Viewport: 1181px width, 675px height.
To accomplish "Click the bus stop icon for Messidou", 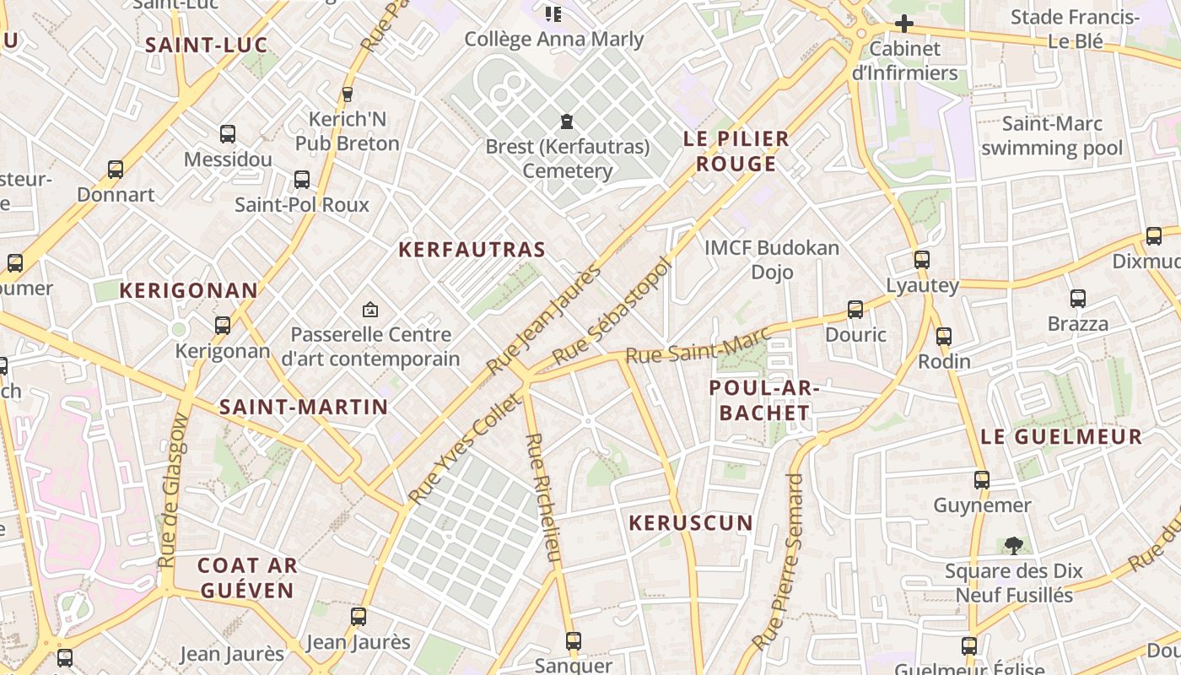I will coord(227,133).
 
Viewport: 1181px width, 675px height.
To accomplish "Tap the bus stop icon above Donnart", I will coord(116,170).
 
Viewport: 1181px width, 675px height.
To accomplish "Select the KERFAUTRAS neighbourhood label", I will coord(472,250).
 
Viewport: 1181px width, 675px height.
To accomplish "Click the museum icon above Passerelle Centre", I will coord(369,310).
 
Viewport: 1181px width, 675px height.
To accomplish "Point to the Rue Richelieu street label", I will coord(542,498).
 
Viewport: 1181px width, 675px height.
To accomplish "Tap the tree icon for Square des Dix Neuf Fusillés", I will coord(1013,545).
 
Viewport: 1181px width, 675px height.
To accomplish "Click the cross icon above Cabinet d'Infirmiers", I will coord(904,23).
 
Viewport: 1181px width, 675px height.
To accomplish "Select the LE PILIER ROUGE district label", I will coord(736,151).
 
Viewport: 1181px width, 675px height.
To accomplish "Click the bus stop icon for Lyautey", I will coord(922,260).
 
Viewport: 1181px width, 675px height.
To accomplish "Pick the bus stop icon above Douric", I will coord(855,310).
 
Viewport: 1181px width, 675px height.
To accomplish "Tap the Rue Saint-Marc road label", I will coord(698,345).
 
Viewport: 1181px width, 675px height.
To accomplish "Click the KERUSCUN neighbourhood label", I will coord(691,523).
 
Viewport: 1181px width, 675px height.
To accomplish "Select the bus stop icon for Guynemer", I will coord(982,480).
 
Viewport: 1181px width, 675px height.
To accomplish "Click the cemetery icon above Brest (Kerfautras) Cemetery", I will coord(567,121).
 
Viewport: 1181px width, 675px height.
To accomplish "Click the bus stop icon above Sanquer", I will coord(574,640).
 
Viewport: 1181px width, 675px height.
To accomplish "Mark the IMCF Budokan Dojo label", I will coord(772,259).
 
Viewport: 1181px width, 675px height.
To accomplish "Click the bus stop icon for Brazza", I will coord(1077,298).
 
